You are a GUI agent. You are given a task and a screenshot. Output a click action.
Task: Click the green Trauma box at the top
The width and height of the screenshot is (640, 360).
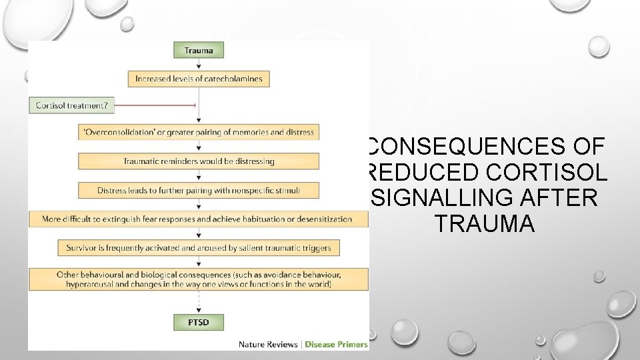point(198,50)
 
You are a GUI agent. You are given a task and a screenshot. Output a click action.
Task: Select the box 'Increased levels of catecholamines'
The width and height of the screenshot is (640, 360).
point(198,79)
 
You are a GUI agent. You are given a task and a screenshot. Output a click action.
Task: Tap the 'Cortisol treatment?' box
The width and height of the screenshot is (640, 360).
point(72,105)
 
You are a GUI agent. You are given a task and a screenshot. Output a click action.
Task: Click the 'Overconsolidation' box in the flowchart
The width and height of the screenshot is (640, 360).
point(198,132)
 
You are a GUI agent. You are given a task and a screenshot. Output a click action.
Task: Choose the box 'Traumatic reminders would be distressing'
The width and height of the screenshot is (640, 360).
point(198,161)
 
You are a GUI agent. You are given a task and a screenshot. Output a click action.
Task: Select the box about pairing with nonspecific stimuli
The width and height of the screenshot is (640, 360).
point(198,190)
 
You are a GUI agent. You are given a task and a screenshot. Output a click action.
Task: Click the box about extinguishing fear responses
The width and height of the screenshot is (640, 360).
point(198,219)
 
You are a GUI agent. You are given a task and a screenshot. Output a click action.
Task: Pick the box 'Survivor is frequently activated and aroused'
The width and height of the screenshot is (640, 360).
point(198,248)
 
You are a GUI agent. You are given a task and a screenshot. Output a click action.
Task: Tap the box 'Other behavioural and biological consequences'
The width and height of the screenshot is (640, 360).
point(198,279)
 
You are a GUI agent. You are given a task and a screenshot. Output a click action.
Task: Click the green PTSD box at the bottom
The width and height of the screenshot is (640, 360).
point(198,323)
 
